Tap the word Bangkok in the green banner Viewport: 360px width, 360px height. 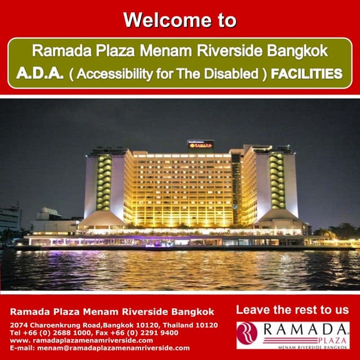[298, 51]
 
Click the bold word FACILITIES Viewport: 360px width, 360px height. [306, 73]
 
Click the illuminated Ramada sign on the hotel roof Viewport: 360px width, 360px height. [201, 145]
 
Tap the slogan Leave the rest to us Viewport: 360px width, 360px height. [292, 310]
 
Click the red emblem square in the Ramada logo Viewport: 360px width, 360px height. [247, 332]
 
